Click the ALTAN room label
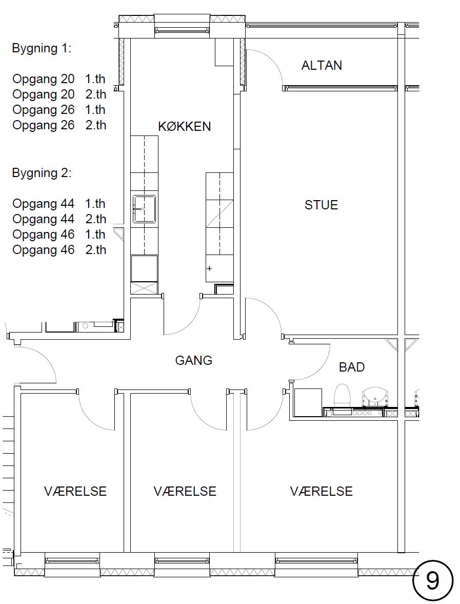[322, 66]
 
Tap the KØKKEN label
[185, 126]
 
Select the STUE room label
[321, 205]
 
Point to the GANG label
[194, 361]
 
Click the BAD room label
[352, 367]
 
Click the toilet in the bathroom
[342, 395]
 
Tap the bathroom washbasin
[374, 397]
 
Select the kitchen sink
[144, 209]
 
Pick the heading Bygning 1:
[42, 49]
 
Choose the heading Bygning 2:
[42, 173]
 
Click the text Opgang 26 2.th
[59, 125]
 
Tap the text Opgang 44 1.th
[59, 204]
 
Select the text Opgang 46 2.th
[59, 250]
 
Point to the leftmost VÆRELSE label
[75, 492]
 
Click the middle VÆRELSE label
[185, 492]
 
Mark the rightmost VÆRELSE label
[321, 492]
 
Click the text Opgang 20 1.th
[59, 79]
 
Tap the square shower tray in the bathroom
[308, 402]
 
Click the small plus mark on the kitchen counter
[209, 268]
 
